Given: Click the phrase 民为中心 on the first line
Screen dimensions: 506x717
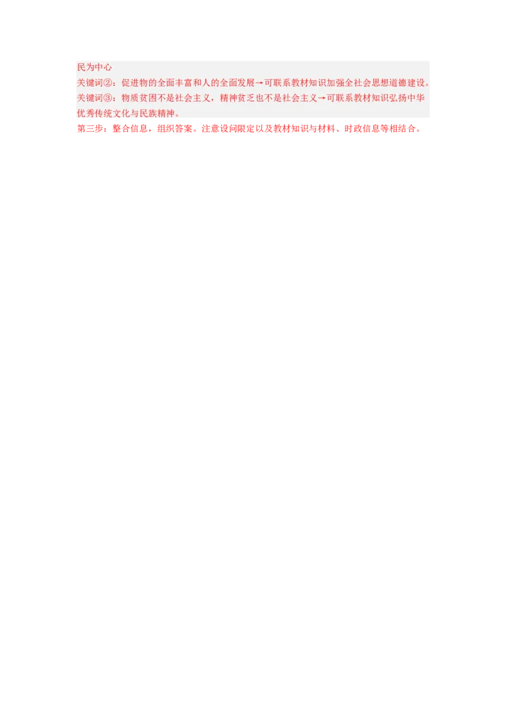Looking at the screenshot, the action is pyautogui.click(x=94, y=67).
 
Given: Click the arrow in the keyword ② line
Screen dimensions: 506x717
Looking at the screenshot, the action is pyautogui.click(x=259, y=83).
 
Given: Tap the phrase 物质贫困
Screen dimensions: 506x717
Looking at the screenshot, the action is pyautogui.click(x=138, y=98).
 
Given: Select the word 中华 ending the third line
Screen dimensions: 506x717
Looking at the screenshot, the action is pyautogui.click(x=416, y=98).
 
